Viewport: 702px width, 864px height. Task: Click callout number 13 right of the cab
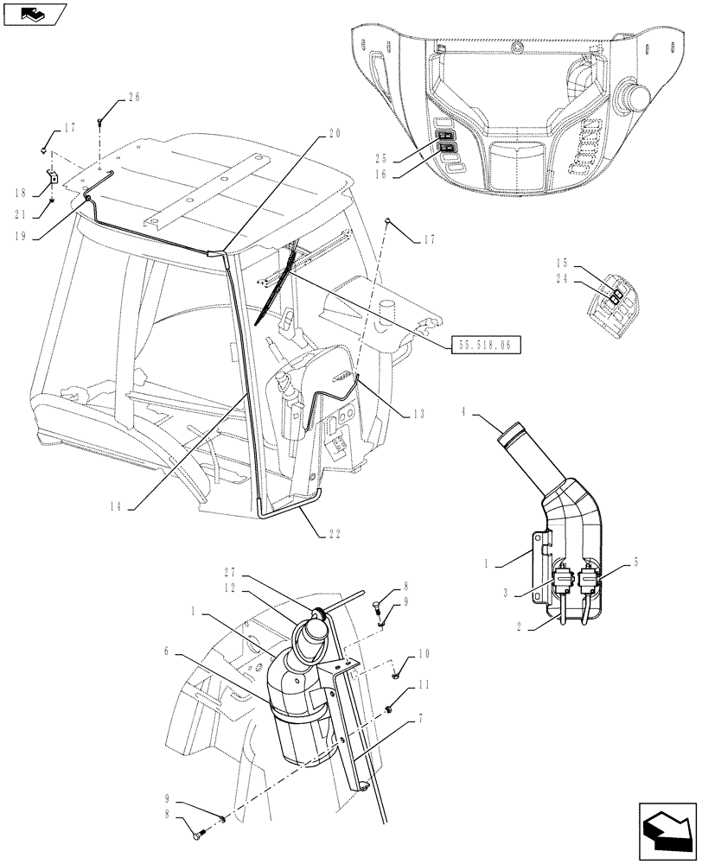418,414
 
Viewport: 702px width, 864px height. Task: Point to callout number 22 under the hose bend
333,533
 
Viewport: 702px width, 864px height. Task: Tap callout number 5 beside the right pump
636,562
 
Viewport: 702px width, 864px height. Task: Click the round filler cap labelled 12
311,639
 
